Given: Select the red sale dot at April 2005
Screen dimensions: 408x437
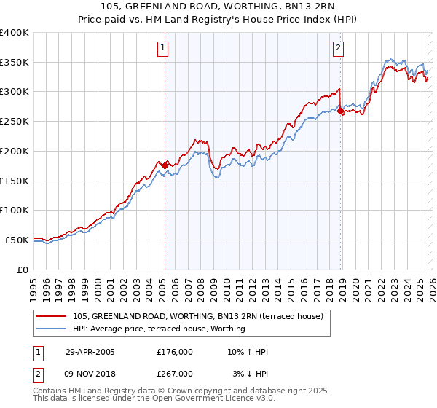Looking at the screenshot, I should click(165, 165).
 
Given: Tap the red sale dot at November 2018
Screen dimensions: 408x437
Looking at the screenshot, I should click(341, 111).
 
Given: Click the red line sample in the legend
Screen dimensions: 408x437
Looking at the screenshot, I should click(52, 315).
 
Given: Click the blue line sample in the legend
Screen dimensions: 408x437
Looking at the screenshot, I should click(52, 329).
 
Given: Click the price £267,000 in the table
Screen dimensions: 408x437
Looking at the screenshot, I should click(175, 373).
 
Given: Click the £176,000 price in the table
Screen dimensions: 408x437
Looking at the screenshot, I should click(175, 352).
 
